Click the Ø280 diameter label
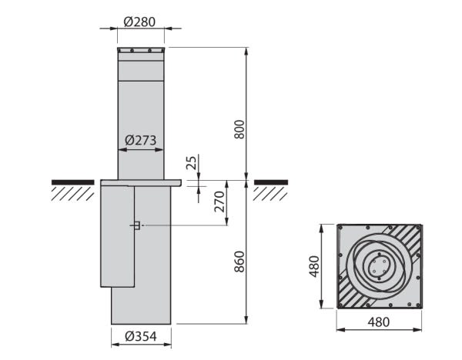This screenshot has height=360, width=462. [139, 22]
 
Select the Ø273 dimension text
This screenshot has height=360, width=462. [140, 140]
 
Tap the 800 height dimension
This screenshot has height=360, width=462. [239, 129]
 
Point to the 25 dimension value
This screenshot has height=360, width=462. [192, 163]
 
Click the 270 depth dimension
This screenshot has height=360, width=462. [219, 202]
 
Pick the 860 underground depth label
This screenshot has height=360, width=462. [239, 262]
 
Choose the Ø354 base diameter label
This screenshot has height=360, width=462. [141, 336]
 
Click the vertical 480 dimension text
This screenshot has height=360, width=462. [314, 267]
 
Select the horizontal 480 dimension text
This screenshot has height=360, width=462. [379, 322]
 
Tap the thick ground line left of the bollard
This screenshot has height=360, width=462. [73, 182]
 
